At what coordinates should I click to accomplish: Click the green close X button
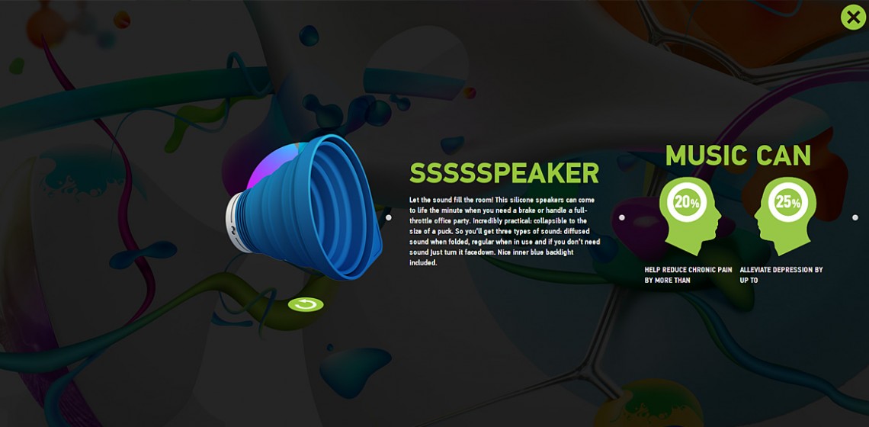tap(853, 18)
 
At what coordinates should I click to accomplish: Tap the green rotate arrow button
tap(306, 304)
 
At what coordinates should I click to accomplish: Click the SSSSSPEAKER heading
tap(505, 174)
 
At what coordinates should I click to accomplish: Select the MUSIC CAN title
tap(738, 156)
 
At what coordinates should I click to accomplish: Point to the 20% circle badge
tap(687, 202)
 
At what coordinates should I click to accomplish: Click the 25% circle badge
tap(787, 202)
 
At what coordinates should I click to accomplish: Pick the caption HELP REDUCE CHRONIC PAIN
tap(688, 270)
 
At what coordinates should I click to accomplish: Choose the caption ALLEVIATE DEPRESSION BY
tap(781, 270)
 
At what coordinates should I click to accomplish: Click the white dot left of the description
tap(389, 217)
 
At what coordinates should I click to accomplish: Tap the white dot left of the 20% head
tap(622, 217)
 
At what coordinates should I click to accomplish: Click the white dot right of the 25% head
tap(855, 217)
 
